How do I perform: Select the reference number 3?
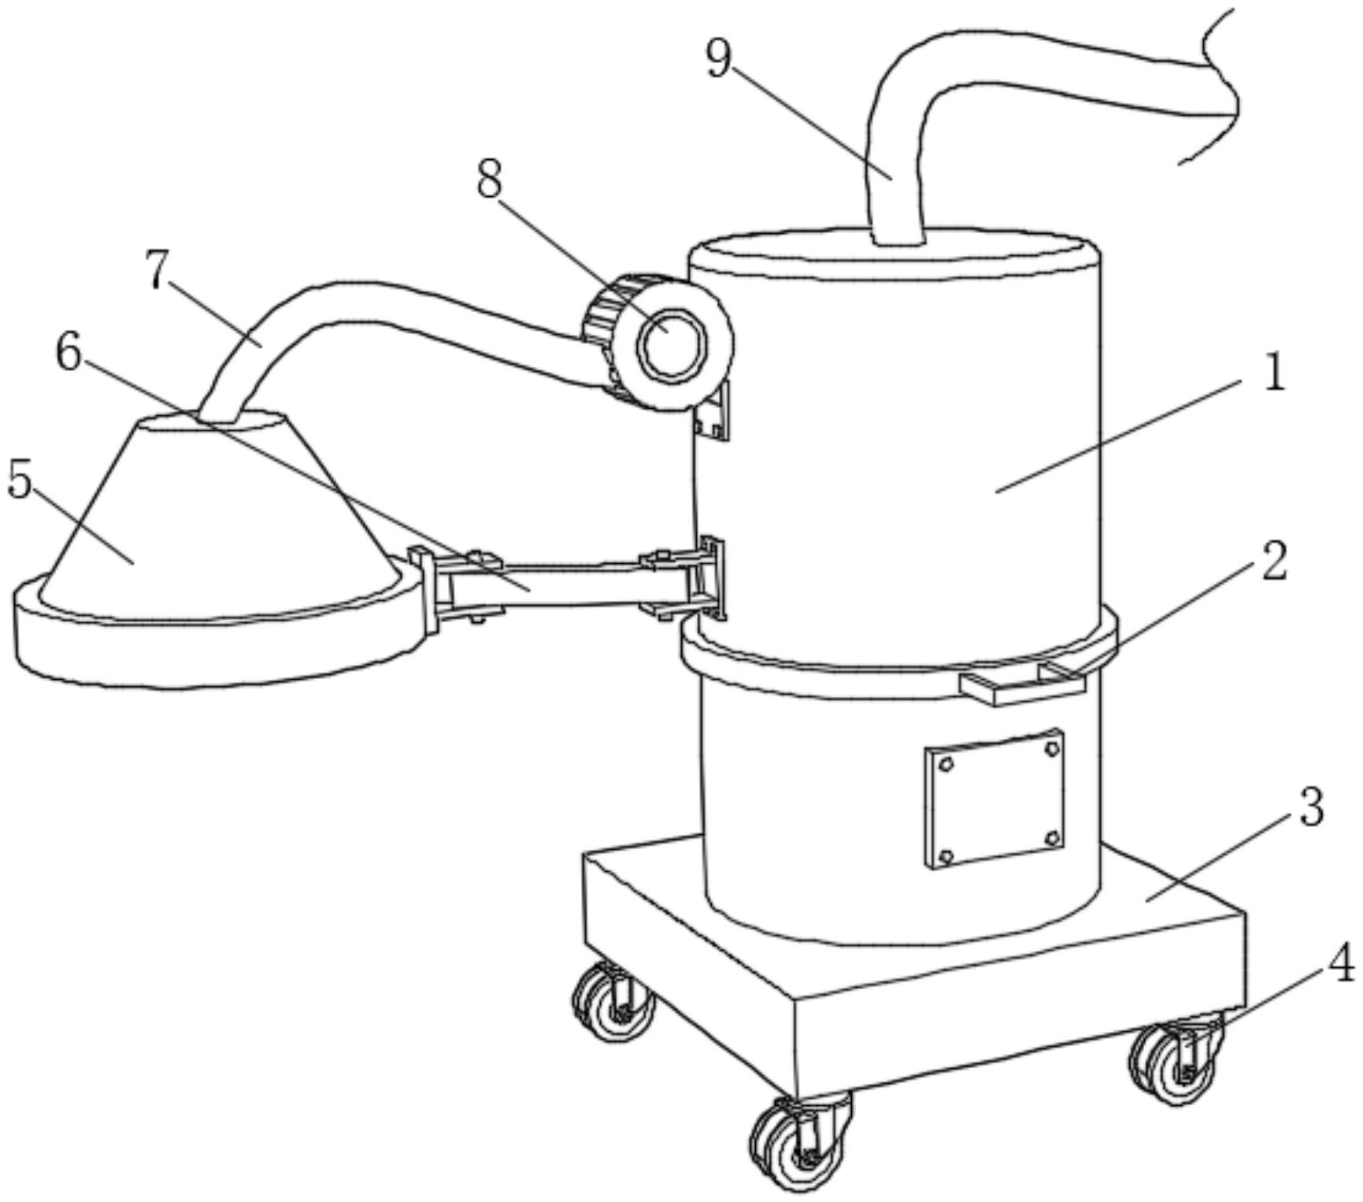tap(1309, 808)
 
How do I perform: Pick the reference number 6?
tap(69, 354)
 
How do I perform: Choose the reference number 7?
tap(157, 272)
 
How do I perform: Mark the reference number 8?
tap(488, 181)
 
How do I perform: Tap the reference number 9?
tap(717, 59)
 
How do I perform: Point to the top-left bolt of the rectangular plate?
tap(946, 764)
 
